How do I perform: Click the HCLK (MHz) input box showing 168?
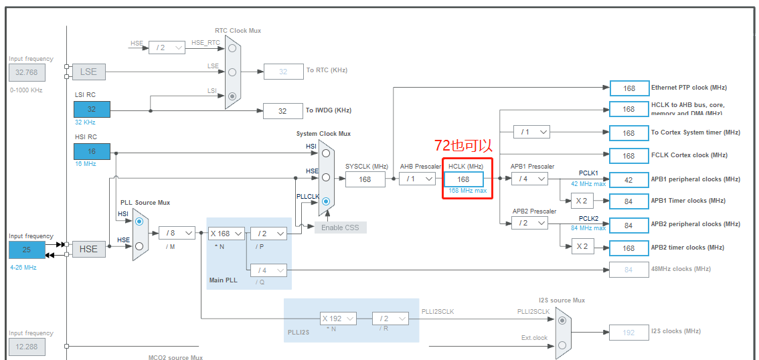pyautogui.click(x=463, y=179)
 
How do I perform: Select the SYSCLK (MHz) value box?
pyautogui.click(x=365, y=179)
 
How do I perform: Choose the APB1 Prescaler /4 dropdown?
pyautogui.click(x=529, y=179)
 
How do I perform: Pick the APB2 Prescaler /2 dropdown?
pyautogui.click(x=529, y=223)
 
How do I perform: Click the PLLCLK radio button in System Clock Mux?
pyautogui.click(x=326, y=201)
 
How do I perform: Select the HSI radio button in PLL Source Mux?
pyautogui.click(x=139, y=221)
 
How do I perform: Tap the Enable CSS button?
pyautogui.click(x=341, y=228)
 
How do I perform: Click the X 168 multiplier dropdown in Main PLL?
pyautogui.click(x=225, y=234)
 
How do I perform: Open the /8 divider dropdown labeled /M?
pyautogui.click(x=176, y=233)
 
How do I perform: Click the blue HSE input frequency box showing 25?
pyautogui.click(x=27, y=250)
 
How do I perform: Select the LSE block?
pyautogui.click(x=88, y=72)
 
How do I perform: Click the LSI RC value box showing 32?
pyautogui.click(x=92, y=109)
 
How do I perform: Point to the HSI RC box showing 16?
pyautogui.click(x=92, y=151)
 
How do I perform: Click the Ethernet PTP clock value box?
pyautogui.click(x=628, y=88)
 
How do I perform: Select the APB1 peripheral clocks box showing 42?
pyautogui.click(x=628, y=179)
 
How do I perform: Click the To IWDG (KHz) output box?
pyautogui.click(x=282, y=111)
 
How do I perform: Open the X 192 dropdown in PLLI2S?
pyautogui.click(x=338, y=319)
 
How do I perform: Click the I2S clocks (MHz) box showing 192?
pyautogui.click(x=628, y=332)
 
